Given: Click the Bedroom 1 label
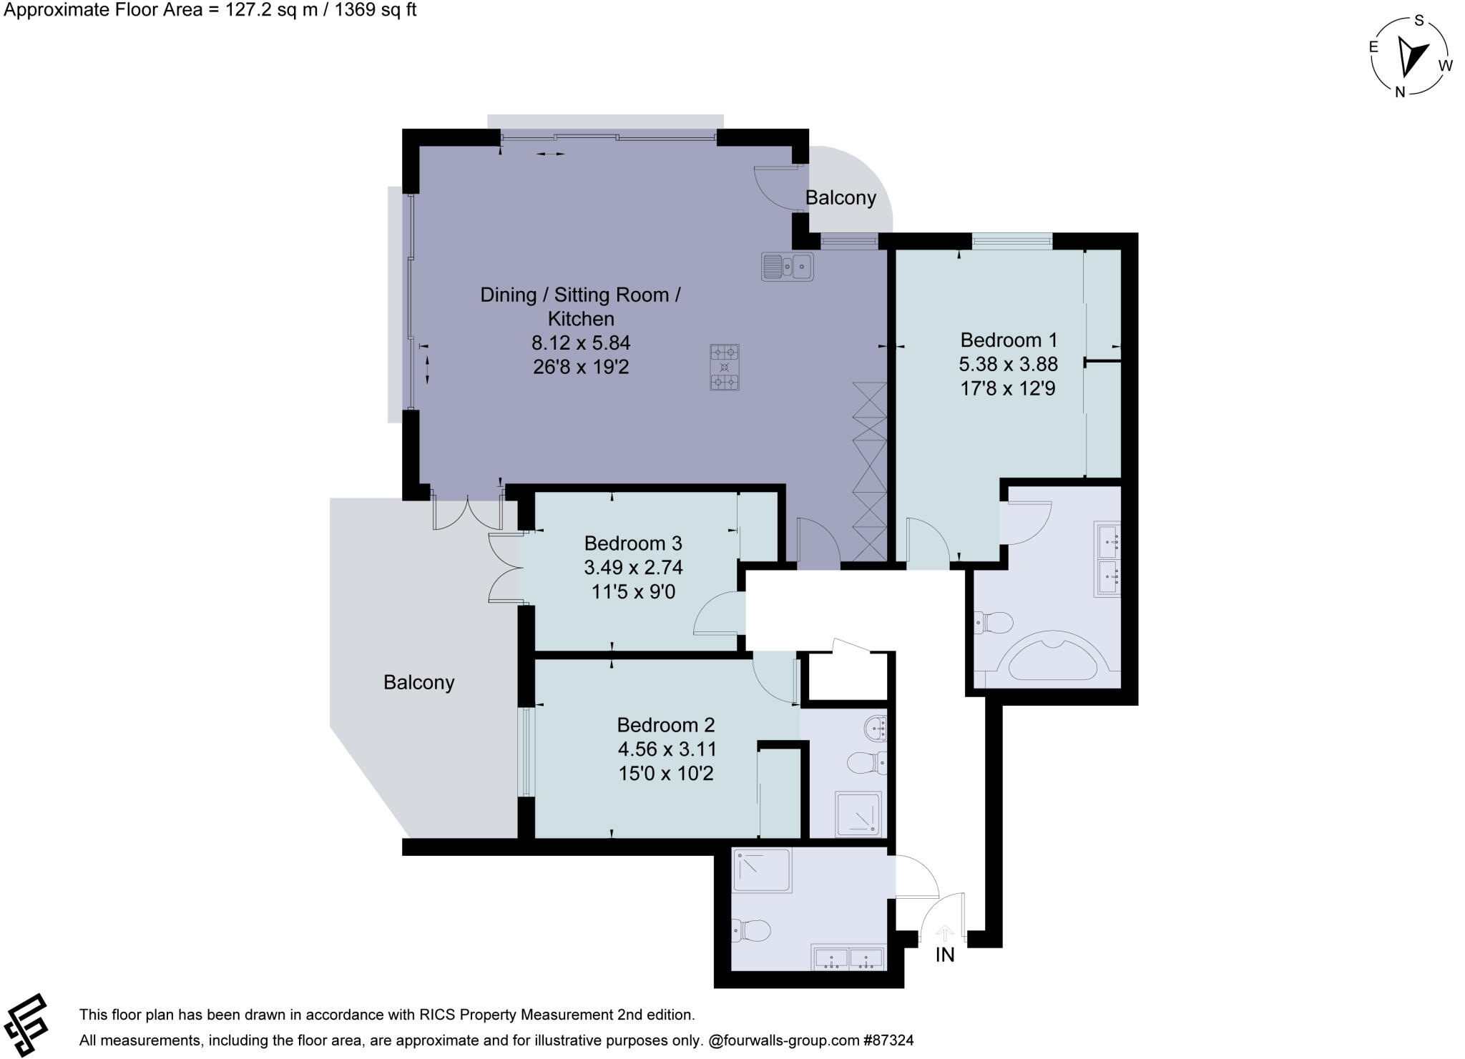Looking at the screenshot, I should tap(1008, 340).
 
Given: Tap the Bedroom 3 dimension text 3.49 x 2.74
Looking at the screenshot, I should tap(633, 568).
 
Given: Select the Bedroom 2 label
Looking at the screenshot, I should tap(665, 725).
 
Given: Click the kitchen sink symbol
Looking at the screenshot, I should tap(787, 266).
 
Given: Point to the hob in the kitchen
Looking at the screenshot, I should tap(724, 368).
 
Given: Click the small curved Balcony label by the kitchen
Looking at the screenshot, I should tap(840, 198).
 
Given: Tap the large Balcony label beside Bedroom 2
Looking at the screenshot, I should tap(418, 682).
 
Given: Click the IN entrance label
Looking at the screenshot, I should tap(944, 955).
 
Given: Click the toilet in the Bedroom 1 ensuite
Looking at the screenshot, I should tap(994, 623).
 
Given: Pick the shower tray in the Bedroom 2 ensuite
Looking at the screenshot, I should tap(859, 813).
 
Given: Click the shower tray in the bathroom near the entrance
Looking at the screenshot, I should tap(761, 870).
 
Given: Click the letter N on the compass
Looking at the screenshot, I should tap(1400, 92).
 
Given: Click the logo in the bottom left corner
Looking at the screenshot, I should tap(25, 1025).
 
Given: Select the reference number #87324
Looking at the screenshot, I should tap(888, 1040).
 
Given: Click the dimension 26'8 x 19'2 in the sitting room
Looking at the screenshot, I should tap(580, 368).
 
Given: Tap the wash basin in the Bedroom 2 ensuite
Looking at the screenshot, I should tap(876, 729).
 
